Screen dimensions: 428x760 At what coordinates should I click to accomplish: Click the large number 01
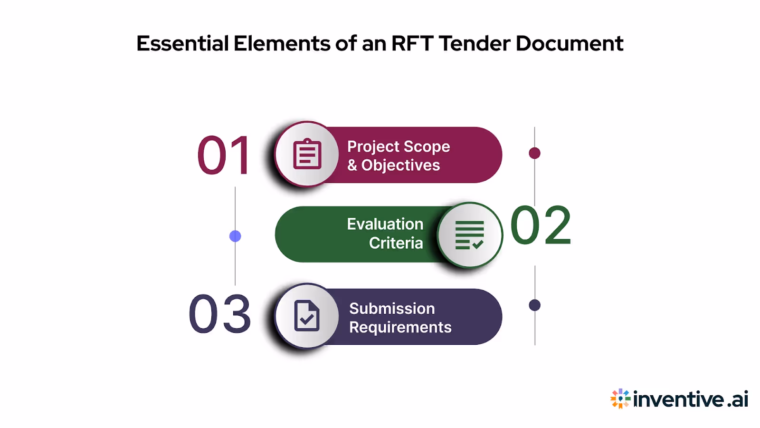pos(224,156)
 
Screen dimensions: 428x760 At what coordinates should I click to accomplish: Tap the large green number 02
pos(541,225)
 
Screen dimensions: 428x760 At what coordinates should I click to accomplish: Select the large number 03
pos(219,314)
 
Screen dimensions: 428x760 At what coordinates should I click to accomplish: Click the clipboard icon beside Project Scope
pos(307,154)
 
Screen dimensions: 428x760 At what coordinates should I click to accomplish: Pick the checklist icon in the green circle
pos(469,235)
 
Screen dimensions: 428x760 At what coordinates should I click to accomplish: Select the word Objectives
pos(400,165)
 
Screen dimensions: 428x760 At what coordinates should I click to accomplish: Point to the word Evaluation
pos(385,224)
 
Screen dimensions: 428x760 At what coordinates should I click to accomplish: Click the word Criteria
pos(396,243)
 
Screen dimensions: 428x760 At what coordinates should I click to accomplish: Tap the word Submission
pos(392,309)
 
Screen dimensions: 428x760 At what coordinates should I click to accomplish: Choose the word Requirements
pos(400,327)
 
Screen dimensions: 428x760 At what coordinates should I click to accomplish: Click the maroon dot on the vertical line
pos(534,153)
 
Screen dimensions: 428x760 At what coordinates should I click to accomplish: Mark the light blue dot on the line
pos(235,236)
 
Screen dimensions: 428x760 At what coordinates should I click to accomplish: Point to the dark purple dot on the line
pos(535,305)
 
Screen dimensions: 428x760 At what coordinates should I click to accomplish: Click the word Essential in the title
pos(183,44)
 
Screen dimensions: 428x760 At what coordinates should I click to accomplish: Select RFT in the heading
pos(412,44)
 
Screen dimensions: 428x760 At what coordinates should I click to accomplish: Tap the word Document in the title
pos(569,44)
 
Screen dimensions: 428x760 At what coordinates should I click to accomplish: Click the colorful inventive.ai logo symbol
pos(620,399)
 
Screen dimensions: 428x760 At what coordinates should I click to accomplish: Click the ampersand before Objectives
pos(352,165)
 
